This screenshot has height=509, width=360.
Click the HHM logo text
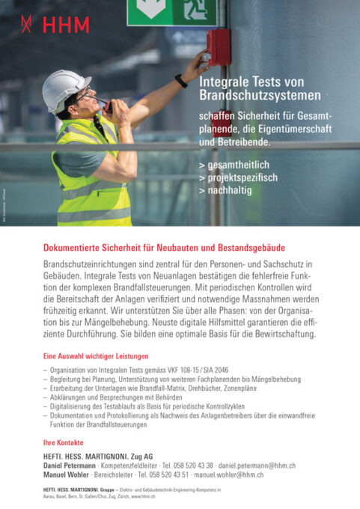tap(65, 25)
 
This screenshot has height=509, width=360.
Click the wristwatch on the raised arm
tap(181, 80)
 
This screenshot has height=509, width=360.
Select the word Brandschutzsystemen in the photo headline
tap(260, 96)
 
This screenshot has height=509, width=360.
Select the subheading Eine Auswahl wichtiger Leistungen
tap(96, 356)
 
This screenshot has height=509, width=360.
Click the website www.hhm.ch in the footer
tap(143, 496)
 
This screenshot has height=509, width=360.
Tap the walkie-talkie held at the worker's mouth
tap(106, 105)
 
